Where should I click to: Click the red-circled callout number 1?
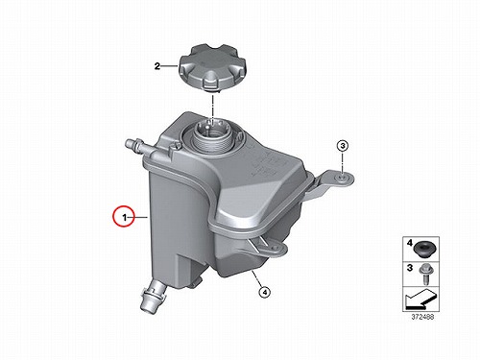point(124,218)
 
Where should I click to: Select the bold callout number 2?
point(157,66)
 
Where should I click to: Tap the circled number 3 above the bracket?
point(343,146)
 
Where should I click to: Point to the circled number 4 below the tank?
point(264,292)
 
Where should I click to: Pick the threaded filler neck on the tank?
point(211,136)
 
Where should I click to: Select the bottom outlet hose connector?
point(153,295)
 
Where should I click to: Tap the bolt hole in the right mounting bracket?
point(341,178)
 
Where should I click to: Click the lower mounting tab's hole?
point(274,248)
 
